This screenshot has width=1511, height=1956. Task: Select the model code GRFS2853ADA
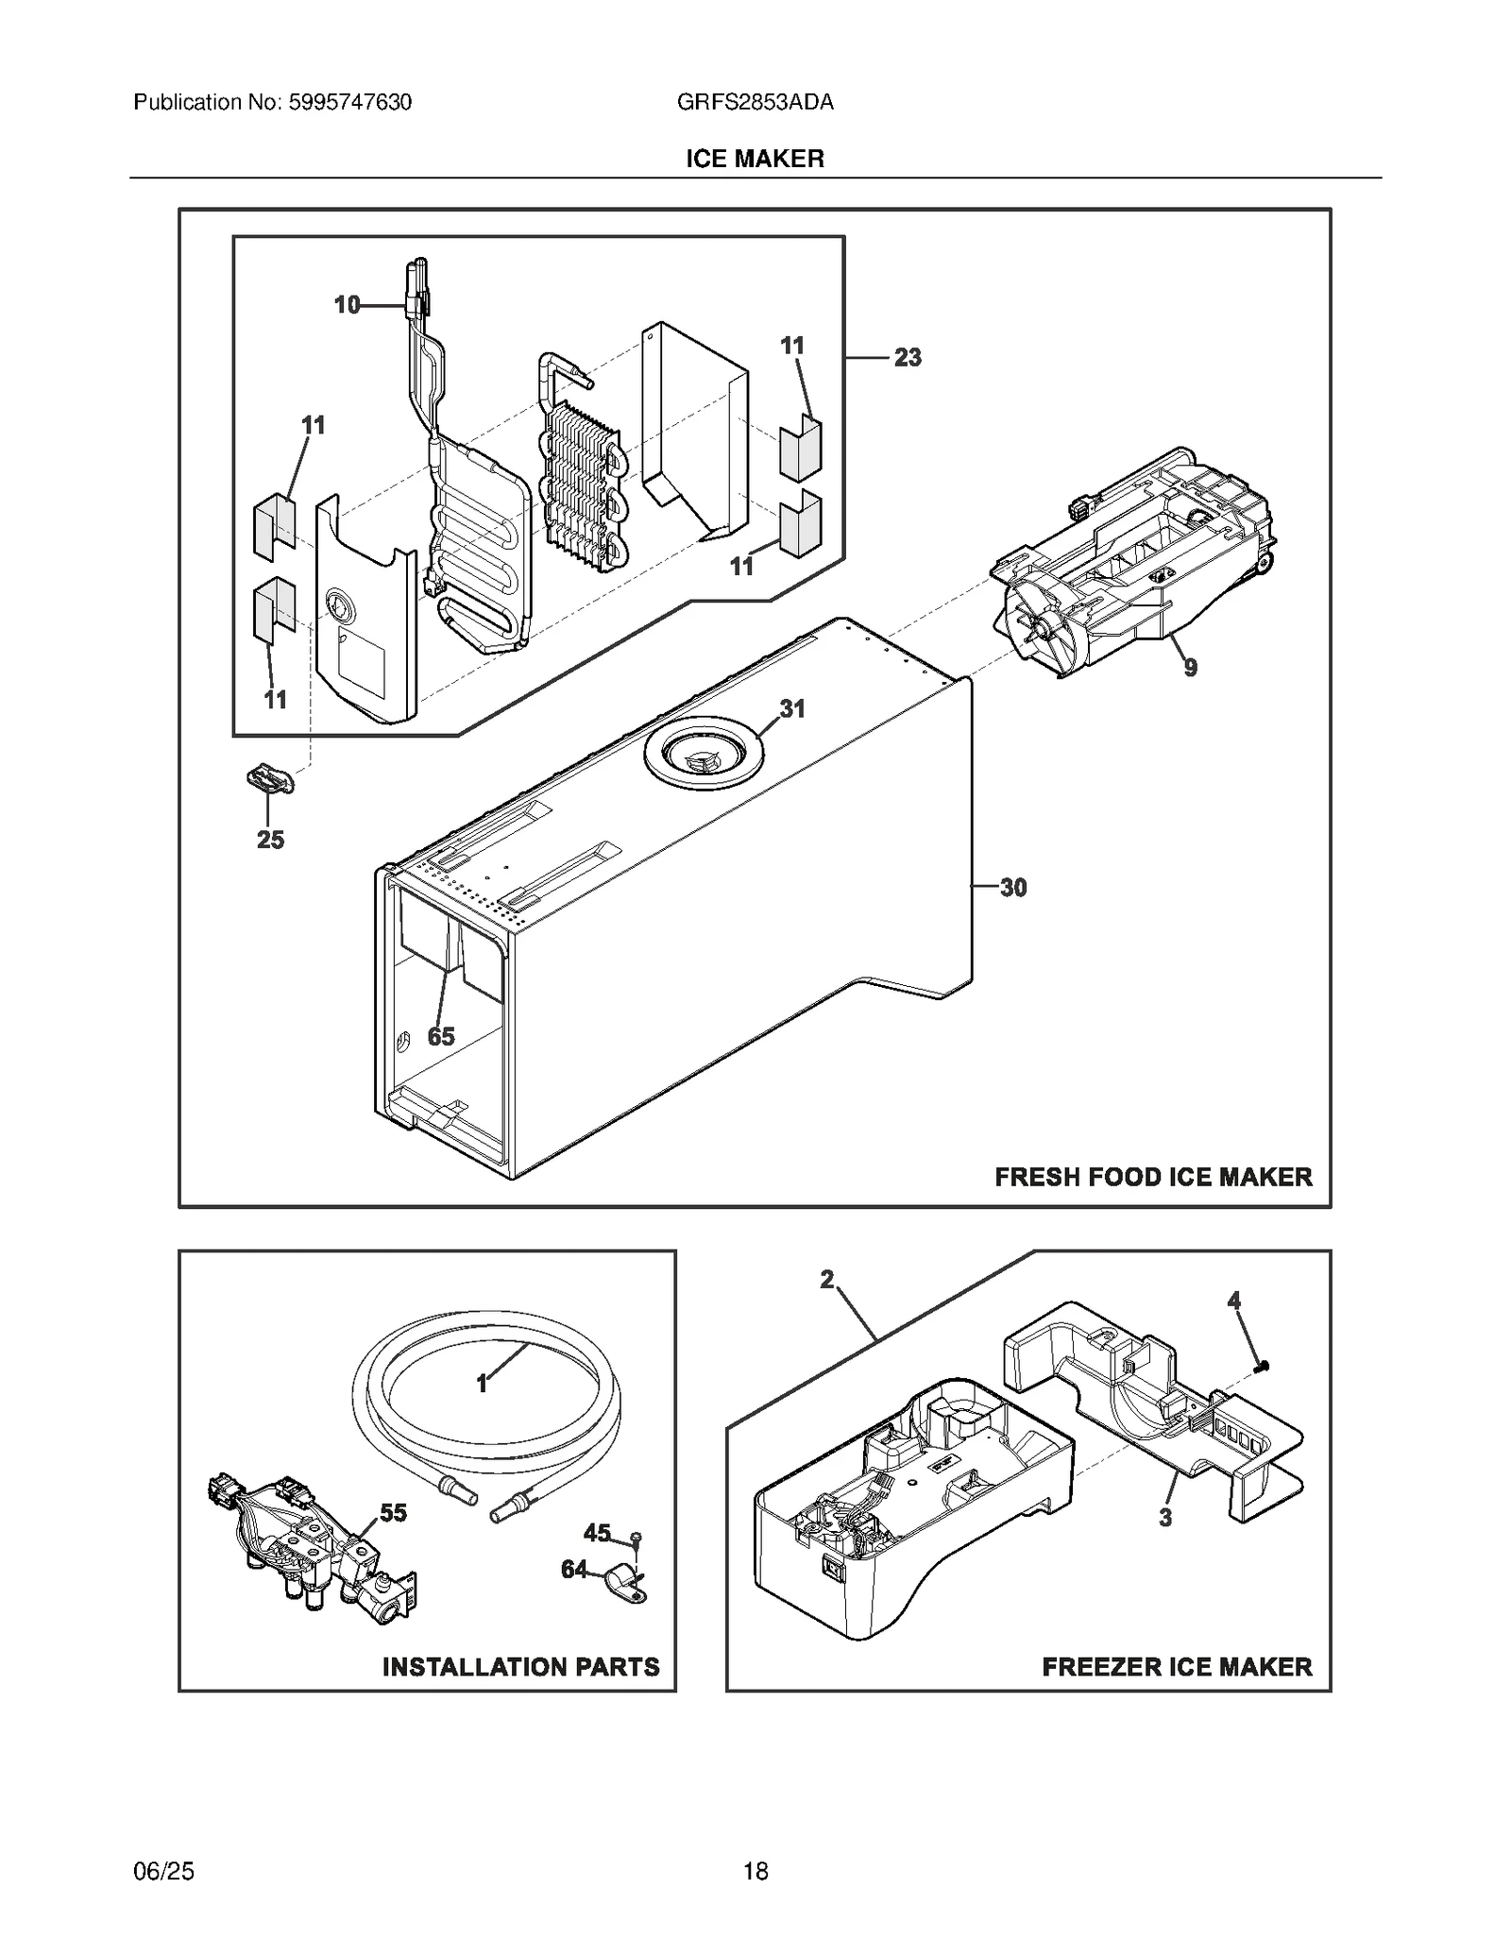pyautogui.click(x=755, y=102)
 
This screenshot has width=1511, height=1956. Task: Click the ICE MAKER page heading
pyautogui.click(x=755, y=159)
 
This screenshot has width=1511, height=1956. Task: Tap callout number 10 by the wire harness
pyautogui.click(x=348, y=305)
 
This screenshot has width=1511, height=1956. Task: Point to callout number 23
pyautogui.click(x=908, y=358)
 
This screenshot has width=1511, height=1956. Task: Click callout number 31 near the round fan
pyautogui.click(x=791, y=708)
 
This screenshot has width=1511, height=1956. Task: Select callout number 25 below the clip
pyautogui.click(x=270, y=840)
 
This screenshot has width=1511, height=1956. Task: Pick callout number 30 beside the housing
pyautogui.click(x=1012, y=888)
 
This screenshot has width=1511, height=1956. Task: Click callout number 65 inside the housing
pyautogui.click(x=441, y=1036)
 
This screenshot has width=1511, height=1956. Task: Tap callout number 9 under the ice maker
pyautogui.click(x=1191, y=668)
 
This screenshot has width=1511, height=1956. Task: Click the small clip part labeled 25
pyautogui.click(x=269, y=780)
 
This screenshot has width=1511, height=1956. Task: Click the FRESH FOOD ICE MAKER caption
pyautogui.click(x=1153, y=1177)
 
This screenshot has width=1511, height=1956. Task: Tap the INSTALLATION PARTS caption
pyautogui.click(x=520, y=1667)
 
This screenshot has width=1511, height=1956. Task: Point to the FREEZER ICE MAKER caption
pyautogui.click(x=1177, y=1667)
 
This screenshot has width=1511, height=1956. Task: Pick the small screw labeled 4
pyautogui.click(x=1262, y=1366)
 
